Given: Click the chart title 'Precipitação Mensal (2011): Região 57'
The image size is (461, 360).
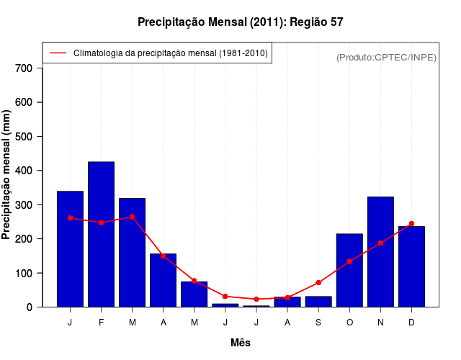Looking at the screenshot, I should (x=240, y=22).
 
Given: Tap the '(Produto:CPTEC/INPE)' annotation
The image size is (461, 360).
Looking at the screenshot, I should (x=386, y=57).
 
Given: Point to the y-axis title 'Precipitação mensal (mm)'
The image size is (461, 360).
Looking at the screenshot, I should (x=7, y=174).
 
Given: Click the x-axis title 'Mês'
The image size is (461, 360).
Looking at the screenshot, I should (x=240, y=343).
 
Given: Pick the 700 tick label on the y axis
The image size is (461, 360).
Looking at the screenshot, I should (x=24, y=68).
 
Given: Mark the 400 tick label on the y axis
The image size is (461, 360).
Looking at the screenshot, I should (x=24, y=171).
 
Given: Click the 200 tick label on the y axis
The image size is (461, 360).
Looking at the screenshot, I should (x=24, y=239).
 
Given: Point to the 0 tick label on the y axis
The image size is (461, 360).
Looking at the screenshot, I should (x=30, y=307).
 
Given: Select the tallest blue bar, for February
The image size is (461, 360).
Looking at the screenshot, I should (x=101, y=234).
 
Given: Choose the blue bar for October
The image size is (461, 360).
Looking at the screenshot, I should (x=349, y=270).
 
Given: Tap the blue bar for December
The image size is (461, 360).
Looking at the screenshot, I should (x=411, y=266).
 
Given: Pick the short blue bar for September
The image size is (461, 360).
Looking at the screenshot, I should (x=318, y=302).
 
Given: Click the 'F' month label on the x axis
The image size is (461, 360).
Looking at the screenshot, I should (x=101, y=323).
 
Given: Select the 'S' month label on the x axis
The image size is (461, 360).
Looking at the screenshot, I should (x=318, y=323).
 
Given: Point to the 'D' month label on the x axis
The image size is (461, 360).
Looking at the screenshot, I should (x=411, y=323).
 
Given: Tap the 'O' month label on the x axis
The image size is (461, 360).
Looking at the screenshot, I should (x=349, y=323).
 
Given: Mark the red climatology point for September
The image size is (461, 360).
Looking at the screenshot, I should (x=318, y=282).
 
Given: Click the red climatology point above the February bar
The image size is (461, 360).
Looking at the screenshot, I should (x=101, y=222).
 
